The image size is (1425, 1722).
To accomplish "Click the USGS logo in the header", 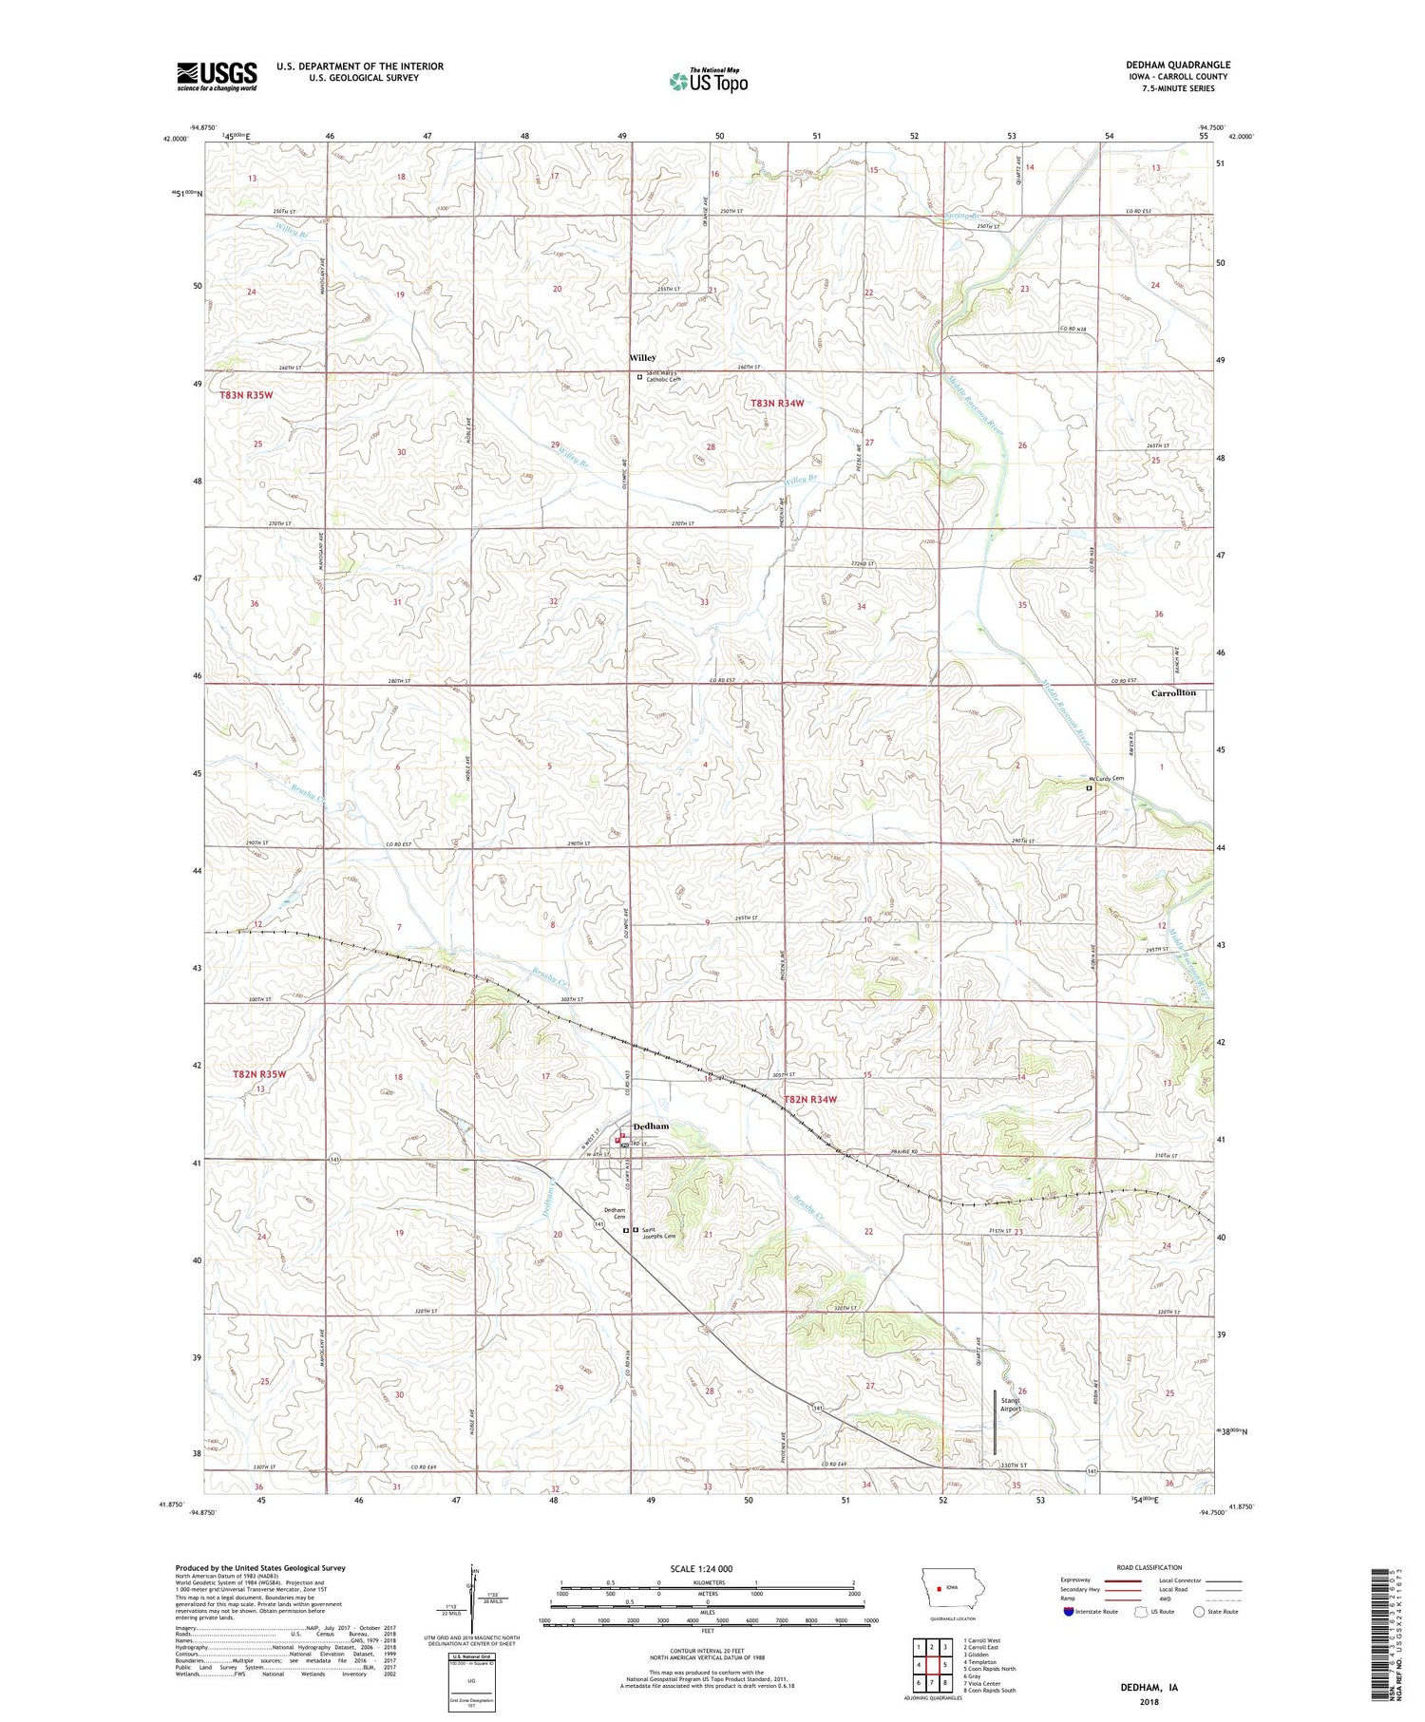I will point(217,76).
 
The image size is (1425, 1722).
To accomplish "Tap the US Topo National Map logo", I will point(708,81).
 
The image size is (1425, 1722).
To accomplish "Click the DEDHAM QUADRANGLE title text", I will point(1177,65).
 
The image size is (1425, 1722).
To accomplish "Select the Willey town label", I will point(642,357).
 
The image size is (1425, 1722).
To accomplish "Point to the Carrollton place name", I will point(1173,693).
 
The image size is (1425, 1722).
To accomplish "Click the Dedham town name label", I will point(651,1126).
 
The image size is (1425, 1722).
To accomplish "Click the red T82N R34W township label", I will point(810,1099).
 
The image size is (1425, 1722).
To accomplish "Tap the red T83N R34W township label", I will point(777,403).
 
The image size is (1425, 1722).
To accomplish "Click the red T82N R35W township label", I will point(258,1074).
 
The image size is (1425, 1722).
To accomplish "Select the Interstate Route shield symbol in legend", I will point(1068,1612).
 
